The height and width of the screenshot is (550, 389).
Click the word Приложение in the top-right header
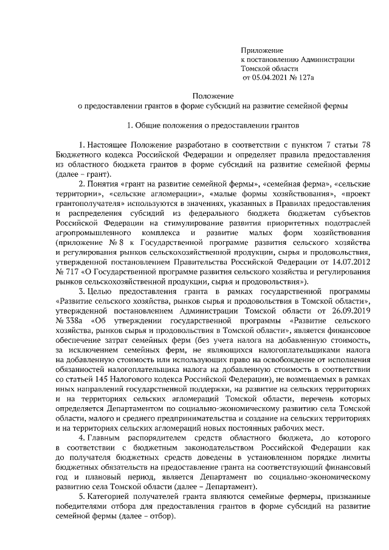[x=262, y=49]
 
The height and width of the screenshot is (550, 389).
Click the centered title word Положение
[x=213, y=96]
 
